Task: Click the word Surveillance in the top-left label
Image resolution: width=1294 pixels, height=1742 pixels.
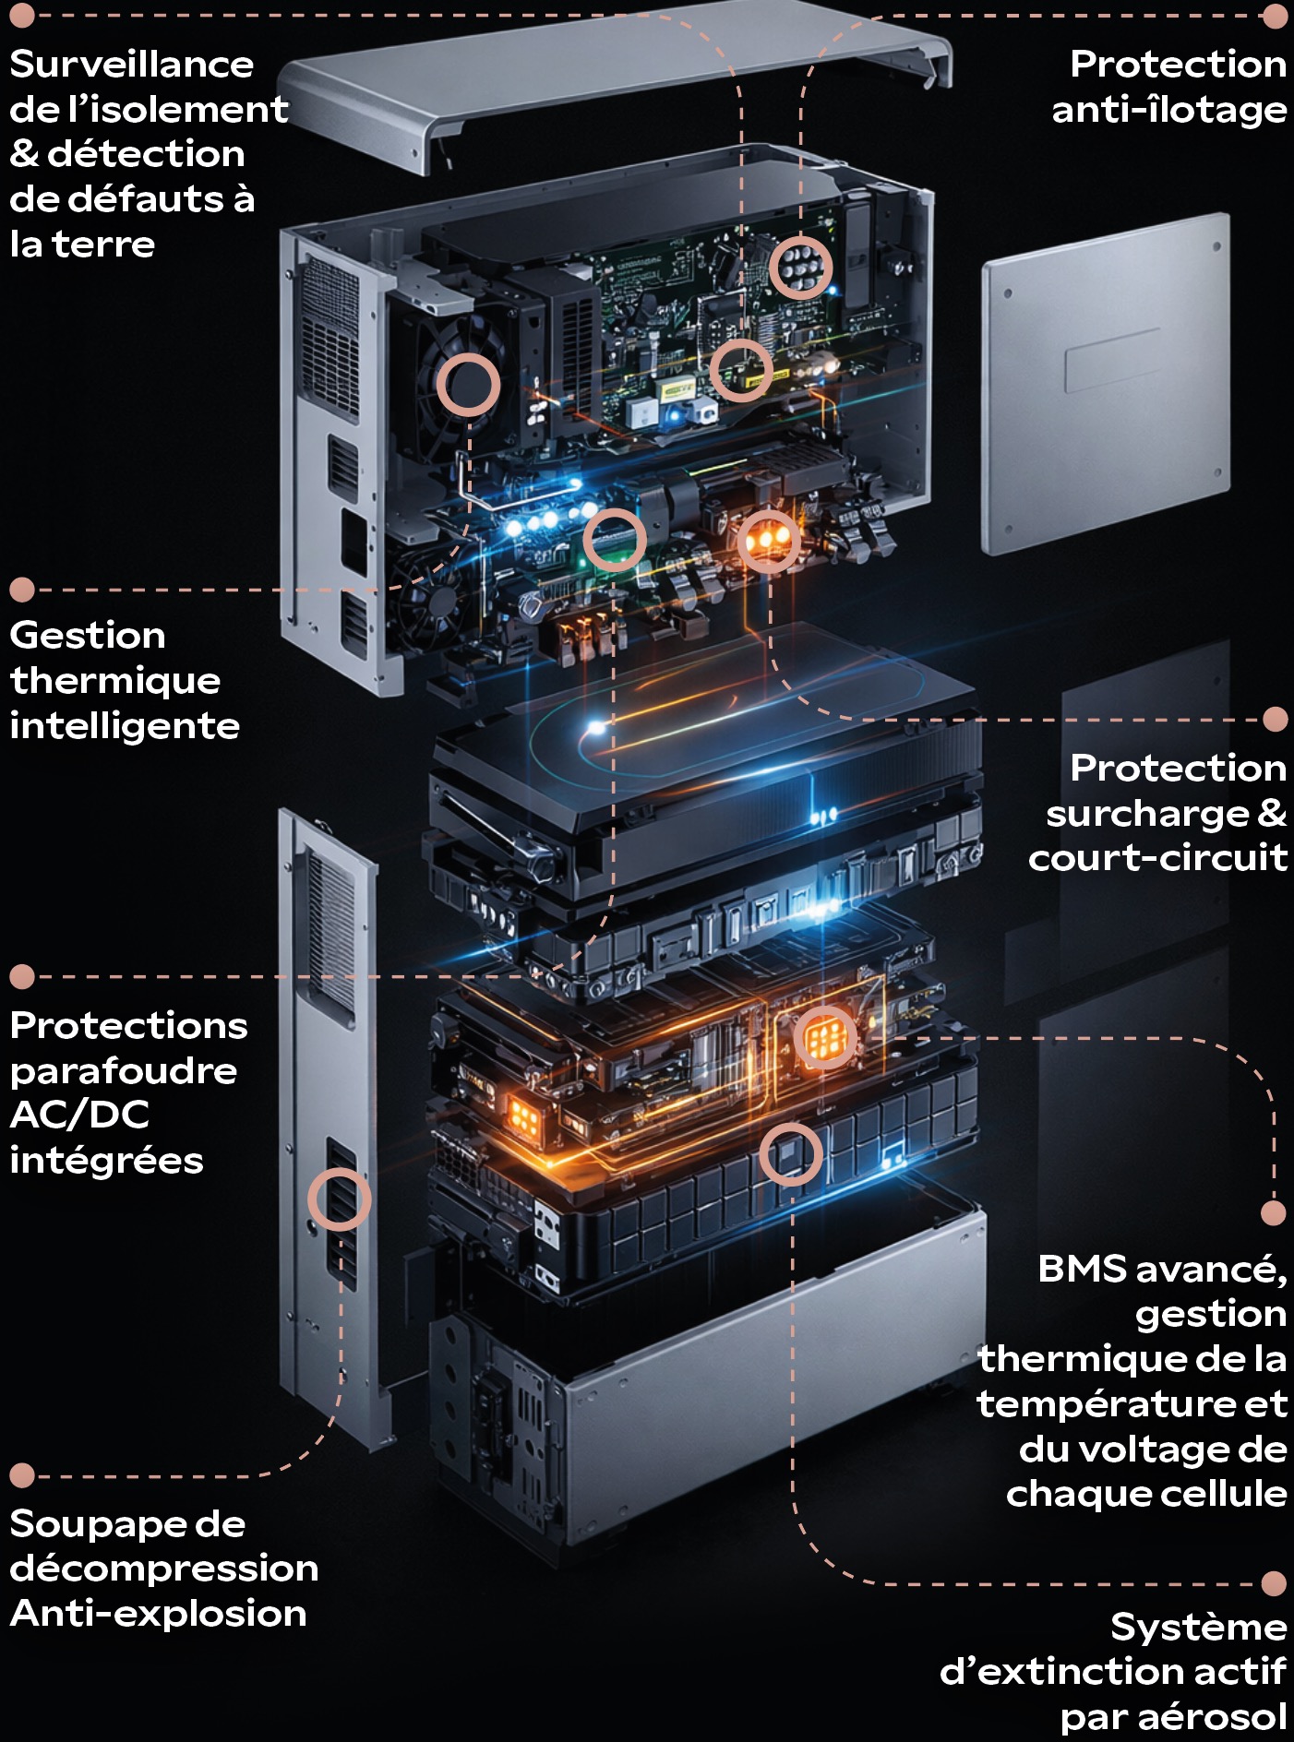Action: (131, 65)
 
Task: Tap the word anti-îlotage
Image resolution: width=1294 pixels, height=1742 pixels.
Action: (1168, 111)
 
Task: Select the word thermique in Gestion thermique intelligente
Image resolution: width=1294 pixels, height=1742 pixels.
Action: (115, 681)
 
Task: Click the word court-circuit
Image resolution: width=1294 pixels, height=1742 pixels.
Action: (1157, 858)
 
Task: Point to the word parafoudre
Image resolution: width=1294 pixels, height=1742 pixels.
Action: (123, 1071)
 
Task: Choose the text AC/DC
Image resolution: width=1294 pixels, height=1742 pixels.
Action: (79, 1116)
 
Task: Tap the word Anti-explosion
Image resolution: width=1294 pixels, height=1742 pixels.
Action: (158, 1614)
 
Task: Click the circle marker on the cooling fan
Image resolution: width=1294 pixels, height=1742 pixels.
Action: (468, 384)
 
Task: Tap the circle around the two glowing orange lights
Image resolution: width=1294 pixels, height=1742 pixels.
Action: (768, 540)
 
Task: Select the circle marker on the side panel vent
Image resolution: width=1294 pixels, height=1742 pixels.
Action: (339, 1199)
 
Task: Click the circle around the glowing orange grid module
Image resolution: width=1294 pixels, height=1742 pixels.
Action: (825, 1038)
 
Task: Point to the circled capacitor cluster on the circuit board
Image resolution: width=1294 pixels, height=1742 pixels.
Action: (800, 267)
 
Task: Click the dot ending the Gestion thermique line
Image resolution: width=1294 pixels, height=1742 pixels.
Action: (22, 590)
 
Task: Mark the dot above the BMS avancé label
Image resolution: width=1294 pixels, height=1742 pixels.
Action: (1274, 1212)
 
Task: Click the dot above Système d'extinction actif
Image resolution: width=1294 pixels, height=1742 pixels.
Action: (1274, 1583)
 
